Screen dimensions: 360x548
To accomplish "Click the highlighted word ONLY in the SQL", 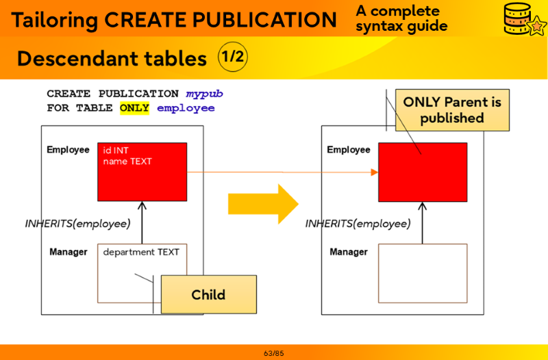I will tap(134, 108).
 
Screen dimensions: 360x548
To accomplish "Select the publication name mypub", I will tap(205, 94).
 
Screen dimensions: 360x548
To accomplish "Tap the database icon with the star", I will tap(523, 19).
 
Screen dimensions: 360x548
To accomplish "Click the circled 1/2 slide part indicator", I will tap(232, 57).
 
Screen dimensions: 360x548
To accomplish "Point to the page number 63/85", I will tap(273, 353).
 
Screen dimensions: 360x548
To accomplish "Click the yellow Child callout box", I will tap(208, 294).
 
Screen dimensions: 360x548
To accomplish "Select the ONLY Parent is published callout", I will tap(452, 110).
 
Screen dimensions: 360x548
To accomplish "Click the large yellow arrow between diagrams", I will tap(263, 203).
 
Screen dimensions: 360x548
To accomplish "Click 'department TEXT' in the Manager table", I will tap(141, 252).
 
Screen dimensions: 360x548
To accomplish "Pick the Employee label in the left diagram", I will tap(68, 150).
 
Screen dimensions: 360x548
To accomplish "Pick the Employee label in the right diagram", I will tap(348, 150).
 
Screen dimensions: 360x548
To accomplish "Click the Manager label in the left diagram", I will tap(68, 252).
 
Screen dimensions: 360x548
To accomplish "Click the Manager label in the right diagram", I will tap(349, 252).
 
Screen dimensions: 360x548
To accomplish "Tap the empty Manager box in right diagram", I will tap(423, 273).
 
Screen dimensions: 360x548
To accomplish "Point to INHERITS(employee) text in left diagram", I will tap(77, 223).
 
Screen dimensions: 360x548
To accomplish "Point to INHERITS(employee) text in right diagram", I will tap(358, 223).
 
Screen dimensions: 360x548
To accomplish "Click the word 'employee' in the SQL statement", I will tap(186, 108).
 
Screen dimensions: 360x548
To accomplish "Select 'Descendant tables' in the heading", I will tap(112, 59).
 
